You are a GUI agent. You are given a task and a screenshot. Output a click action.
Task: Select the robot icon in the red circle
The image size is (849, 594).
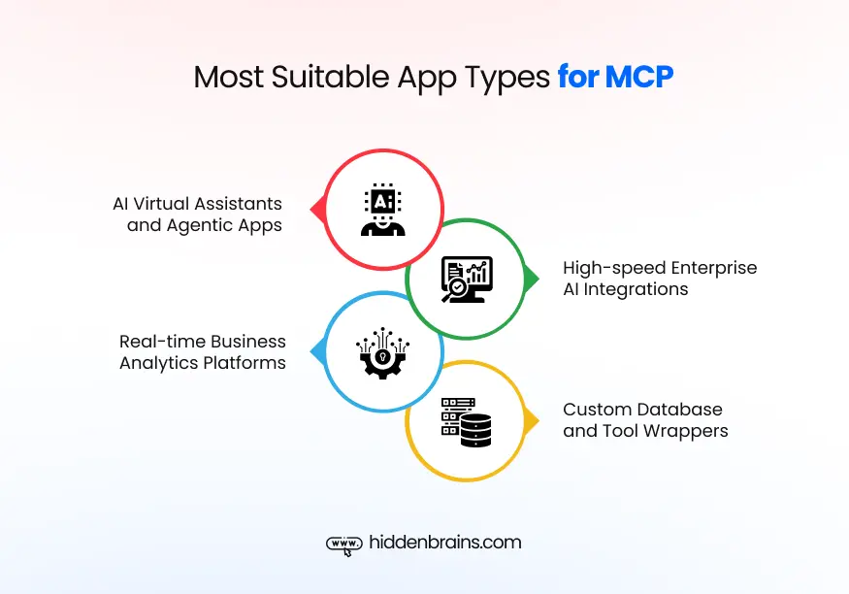click(x=382, y=210)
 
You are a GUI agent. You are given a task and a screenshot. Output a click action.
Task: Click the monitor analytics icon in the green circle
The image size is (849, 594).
click(x=467, y=279)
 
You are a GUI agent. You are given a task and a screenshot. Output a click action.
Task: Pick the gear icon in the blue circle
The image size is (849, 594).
click(x=382, y=351)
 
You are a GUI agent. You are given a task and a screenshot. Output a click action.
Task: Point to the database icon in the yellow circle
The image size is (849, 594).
click(x=467, y=421)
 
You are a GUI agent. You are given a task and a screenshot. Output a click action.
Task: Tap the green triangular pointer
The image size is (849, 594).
click(x=532, y=280)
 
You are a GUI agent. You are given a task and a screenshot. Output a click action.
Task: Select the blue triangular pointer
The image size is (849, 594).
click(x=315, y=350)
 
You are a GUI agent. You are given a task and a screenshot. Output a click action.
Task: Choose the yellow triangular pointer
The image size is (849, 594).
click(x=532, y=421)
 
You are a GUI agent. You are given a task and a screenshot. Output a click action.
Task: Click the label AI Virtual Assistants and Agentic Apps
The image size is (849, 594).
click(x=197, y=214)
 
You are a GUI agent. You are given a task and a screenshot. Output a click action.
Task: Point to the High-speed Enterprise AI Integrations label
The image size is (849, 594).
click(x=659, y=279)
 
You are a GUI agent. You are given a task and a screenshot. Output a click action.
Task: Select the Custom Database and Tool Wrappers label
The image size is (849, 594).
click(x=645, y=420)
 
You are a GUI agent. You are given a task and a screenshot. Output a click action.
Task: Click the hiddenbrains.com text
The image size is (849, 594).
click(x=445, y=543)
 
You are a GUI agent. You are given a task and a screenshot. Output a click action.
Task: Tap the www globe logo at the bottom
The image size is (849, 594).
click(x=343, y=544)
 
